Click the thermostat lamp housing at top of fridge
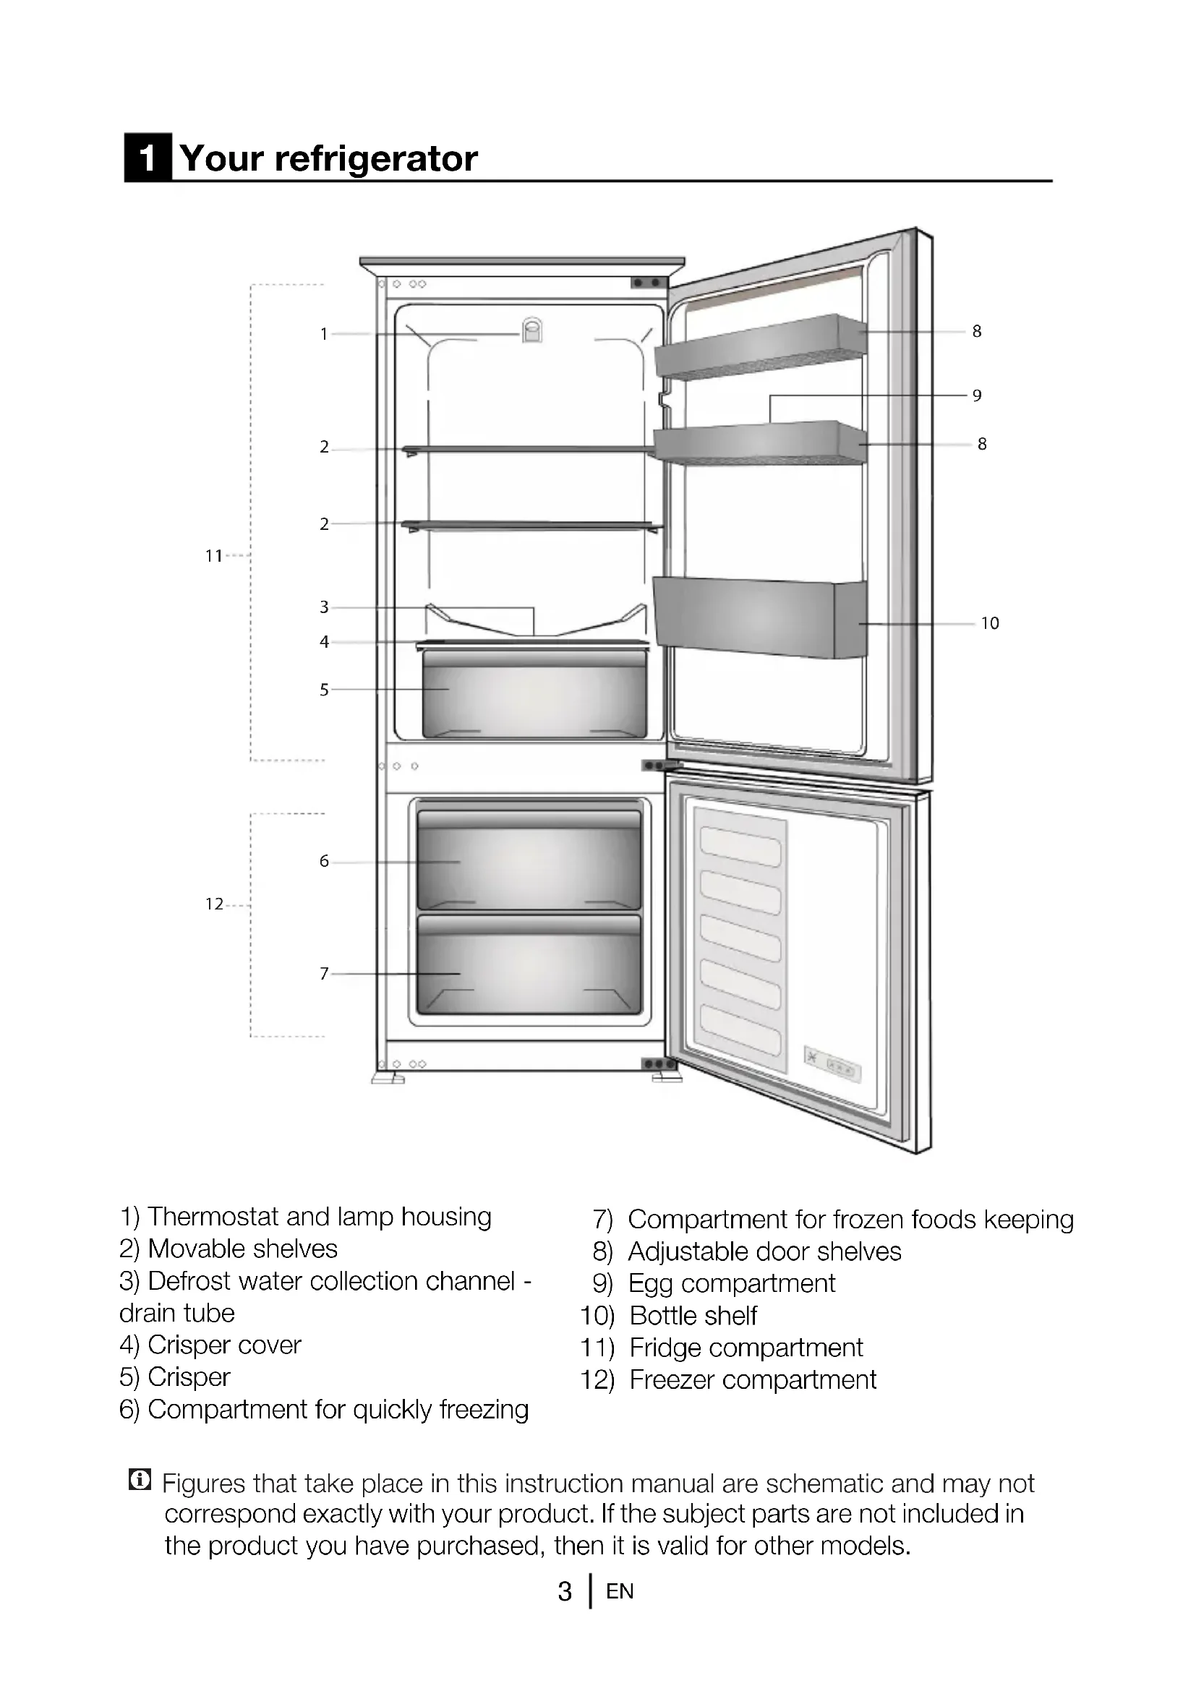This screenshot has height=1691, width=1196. [531, 330]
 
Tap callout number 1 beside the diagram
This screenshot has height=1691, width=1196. [323, 335]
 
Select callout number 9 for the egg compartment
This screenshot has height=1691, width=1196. [976, 395]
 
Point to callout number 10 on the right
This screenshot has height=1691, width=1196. [989, 624]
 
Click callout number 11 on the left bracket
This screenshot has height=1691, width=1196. [213, 556]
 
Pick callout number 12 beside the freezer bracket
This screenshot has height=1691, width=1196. [213, 904]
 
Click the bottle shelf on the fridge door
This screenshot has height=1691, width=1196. [759, 617]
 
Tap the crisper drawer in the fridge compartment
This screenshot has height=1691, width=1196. [534, 694]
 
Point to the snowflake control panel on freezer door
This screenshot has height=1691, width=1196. [832, 1064]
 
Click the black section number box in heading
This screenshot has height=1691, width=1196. [148, 158]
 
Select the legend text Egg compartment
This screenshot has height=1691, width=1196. [731, 1284]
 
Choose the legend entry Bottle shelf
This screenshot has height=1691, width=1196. [693, 1315]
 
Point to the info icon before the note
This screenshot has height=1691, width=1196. [139, 1479]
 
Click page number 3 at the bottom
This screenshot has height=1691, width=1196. [564, 1591]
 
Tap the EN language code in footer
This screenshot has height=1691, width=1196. [620, 1591]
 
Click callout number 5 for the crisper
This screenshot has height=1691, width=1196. [323, 690]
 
